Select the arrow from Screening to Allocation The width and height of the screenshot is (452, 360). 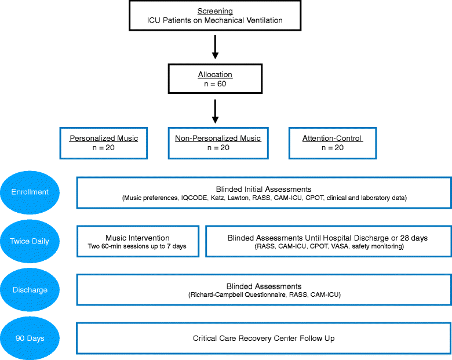point(215,47)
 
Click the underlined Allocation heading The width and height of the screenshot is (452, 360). point(214,75)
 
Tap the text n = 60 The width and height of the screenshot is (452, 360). point(214,84)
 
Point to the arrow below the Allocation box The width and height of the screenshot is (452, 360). point(215,111)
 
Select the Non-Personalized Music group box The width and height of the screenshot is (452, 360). point(218,143)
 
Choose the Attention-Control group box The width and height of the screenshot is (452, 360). point(333,143)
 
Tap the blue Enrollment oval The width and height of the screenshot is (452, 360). point(30,192)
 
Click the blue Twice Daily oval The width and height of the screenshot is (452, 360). point(30,241)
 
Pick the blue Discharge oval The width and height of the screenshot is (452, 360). point(30,290)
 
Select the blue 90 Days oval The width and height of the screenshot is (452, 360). point(30,339)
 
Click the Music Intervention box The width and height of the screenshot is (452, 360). point(138,241)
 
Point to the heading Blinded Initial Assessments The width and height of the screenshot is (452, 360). point(264,189)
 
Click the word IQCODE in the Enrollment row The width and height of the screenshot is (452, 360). point(194,198)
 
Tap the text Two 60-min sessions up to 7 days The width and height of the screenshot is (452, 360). point(137,247)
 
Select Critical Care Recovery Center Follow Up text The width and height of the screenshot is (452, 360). point(264,339)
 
